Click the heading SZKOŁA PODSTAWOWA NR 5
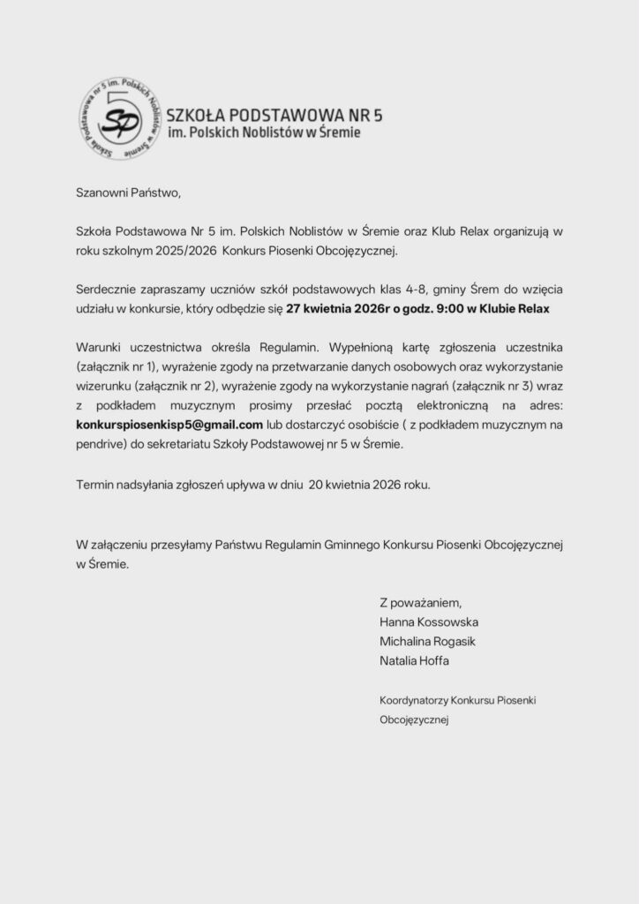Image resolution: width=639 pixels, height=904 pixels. [274, 115]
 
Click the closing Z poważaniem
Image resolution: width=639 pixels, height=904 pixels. [420, 603]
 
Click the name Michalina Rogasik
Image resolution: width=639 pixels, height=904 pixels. [427, 642]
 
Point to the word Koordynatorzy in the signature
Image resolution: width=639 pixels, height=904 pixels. [412, 700]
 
